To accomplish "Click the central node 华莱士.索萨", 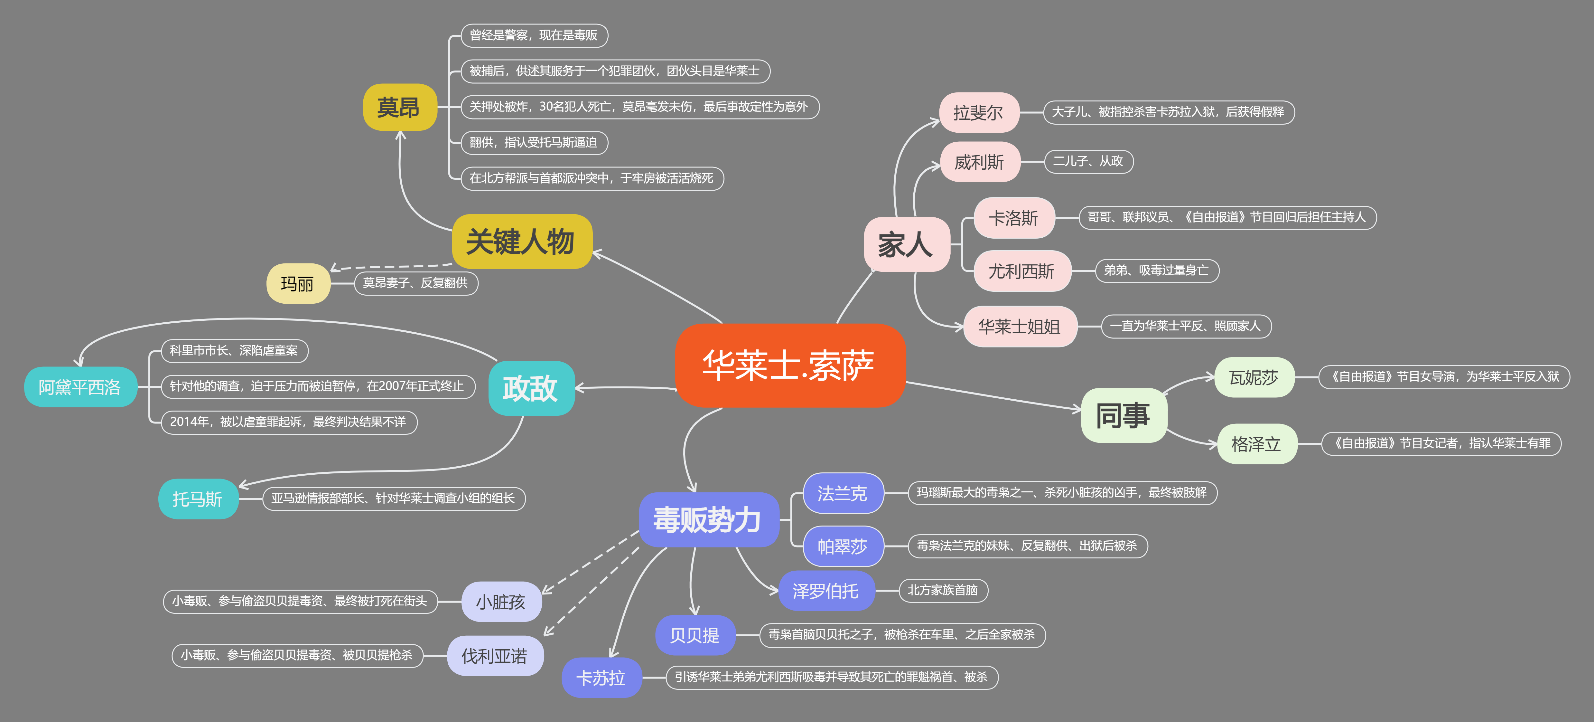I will (789, 365).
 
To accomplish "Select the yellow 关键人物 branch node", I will (521, 242).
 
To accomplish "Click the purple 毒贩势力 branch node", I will (708, 519).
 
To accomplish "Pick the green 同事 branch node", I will (1123, 415).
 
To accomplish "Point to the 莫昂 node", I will (399, 107).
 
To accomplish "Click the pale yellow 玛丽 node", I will (298, 284).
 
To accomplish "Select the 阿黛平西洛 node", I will (80, 387).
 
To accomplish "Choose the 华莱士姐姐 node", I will (1019, 326).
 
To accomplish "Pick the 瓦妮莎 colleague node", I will (1254, 377).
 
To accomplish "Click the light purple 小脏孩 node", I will (501, 601).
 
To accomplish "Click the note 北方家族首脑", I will (942, 590).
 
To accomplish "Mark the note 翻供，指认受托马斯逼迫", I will (533, 142).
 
